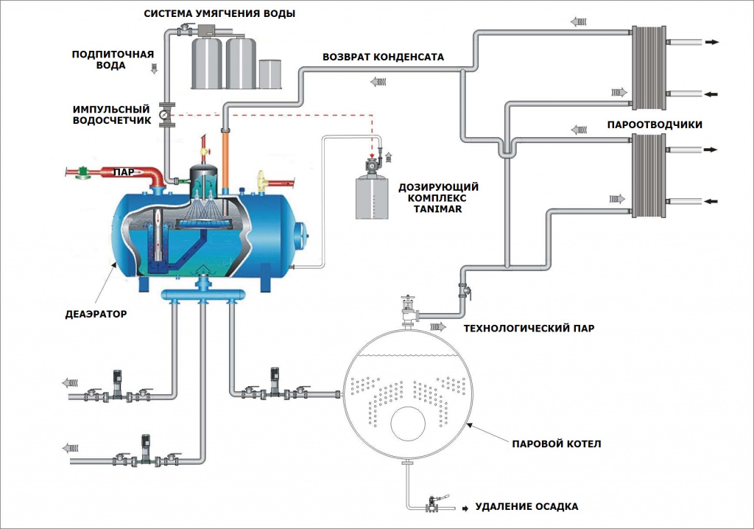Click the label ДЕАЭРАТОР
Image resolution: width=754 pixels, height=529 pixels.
[x=96, y=314]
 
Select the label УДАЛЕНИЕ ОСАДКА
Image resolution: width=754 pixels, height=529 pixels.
[x=526, y=507]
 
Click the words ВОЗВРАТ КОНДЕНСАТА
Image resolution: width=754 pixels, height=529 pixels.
[x=383, y=57]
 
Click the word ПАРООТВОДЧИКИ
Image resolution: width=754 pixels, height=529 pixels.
[x=654, y=125]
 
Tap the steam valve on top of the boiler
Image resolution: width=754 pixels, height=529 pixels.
[x=406, y=307]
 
